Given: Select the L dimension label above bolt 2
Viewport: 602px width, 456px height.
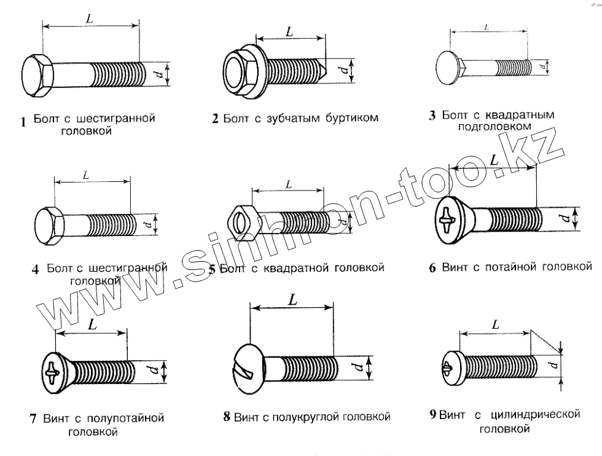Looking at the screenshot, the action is [x=289, y=32].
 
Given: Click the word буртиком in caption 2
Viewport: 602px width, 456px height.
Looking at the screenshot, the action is [x=350, y=118].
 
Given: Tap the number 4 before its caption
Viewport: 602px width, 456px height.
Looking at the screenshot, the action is [x=35, y=269].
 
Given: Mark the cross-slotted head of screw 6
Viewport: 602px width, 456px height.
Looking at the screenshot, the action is [x=448, y=218].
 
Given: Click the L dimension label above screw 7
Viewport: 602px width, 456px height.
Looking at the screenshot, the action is [x=92, y=324].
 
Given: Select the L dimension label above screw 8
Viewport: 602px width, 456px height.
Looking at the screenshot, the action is [x=292, y=300].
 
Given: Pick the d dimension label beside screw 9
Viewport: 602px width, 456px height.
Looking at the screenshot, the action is [x=555, y=367].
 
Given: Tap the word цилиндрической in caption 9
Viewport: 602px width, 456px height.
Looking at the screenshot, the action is [x=537, y=415].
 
